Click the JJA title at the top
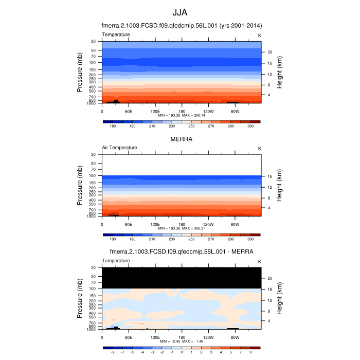(x=180, y=13)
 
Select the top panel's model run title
(x=181, y=26)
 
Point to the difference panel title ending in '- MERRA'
(x=181, y=252)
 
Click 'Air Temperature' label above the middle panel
(x=119, y=148)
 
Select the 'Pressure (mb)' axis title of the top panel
(x=80, y=72)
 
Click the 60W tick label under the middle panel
(x=235, y=224)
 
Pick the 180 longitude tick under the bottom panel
(x=182, y=337)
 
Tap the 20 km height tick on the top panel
(x=269, y=52)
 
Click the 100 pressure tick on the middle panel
(x=93, y=176)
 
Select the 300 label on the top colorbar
(x=250, y=126)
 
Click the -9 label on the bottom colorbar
(x=113, y=352)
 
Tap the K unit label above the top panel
(x=259, y=34)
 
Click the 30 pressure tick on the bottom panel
(x=94, y=267)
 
